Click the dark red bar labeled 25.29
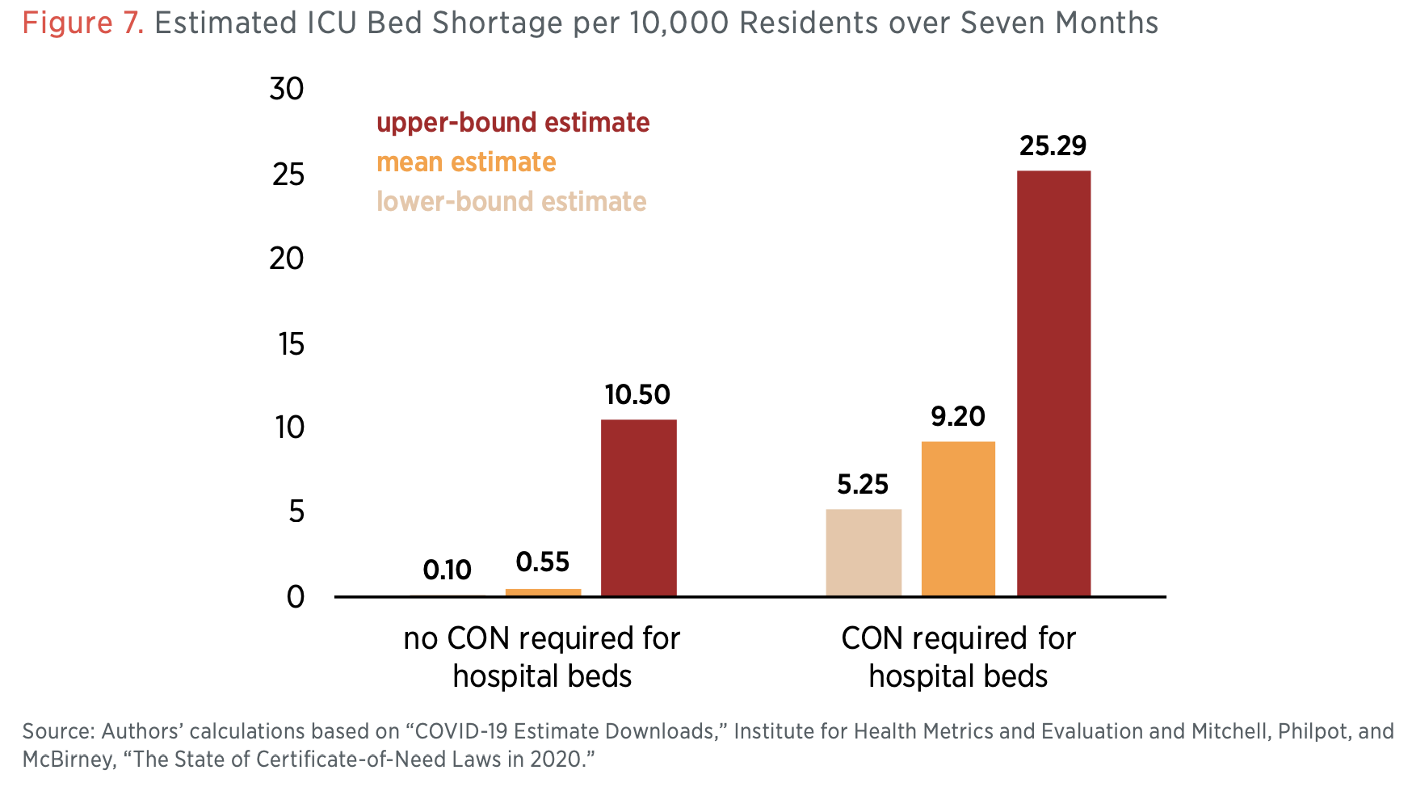point(1053,383)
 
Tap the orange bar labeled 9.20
point(958,519)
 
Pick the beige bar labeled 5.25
point(864,553)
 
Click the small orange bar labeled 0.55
point(543,592)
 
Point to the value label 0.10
point(447,570)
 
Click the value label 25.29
point(1053,145)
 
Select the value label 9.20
point(958,416)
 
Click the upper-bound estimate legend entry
point(513,123)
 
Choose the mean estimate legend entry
point(466,162)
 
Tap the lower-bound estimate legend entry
point(511,201)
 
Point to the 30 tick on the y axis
point(287,89)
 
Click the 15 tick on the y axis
point(291,344)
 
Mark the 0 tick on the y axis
point(296,597)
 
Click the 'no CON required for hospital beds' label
point(542,657)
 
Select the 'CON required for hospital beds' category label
point(958,657)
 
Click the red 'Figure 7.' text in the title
point(82,23)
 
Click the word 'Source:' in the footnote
point(58,731)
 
